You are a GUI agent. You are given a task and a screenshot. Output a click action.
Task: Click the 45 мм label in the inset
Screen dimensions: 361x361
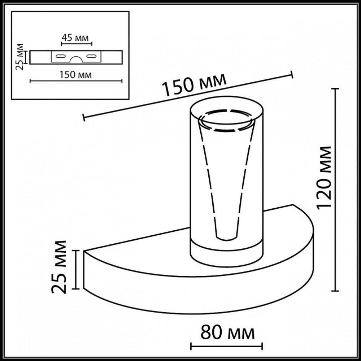[77, 37]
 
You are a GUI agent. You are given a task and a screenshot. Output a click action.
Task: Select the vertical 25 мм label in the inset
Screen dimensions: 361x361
[21, 57]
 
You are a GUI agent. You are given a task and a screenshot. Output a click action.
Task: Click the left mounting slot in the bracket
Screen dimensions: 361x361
[60, 56]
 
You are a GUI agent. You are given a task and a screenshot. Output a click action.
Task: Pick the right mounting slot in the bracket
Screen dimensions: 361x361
[92, 56]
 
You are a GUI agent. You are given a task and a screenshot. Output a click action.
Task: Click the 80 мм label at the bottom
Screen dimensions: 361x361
[227, 332]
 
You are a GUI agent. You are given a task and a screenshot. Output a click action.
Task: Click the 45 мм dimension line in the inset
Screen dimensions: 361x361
[77, 44]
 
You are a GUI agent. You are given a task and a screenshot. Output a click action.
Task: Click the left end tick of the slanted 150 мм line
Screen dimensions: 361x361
[84, 117]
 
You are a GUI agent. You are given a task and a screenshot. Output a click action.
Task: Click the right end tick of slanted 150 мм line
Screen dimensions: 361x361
[292, 74]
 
